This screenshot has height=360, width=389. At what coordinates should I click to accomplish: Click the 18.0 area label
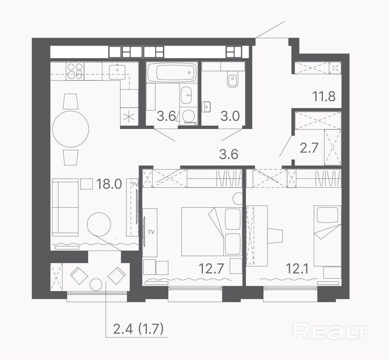coord(109,184)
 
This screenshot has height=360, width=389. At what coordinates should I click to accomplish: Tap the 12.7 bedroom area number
coord(212,268)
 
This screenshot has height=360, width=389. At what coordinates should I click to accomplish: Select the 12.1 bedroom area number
coord(297,268)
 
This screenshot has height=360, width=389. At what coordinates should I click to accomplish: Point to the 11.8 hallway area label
coord(324,96)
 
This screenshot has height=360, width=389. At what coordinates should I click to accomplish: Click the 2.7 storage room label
coord(309,148)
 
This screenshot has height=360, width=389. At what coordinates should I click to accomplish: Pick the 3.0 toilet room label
coord(230,116)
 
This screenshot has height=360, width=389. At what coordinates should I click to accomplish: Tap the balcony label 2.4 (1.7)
coord(138,329)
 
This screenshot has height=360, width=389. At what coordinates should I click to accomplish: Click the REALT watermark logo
coord(331,331)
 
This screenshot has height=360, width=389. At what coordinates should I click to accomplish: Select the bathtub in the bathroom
coord(172,72)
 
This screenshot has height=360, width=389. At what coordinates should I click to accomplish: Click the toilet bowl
coord(233,78)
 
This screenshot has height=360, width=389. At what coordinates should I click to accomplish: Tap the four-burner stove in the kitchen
coord(75,71)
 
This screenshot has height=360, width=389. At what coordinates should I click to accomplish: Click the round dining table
coord(71,129)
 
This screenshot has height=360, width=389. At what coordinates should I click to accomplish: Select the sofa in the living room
coord(65,207)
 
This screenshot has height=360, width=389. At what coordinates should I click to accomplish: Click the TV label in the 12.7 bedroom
coord(151,232)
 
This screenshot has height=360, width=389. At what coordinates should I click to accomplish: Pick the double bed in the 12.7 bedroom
coord(212,232)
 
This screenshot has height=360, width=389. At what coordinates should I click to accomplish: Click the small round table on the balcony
coord(96,285)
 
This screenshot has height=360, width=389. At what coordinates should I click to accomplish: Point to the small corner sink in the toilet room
coord(206,107)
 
